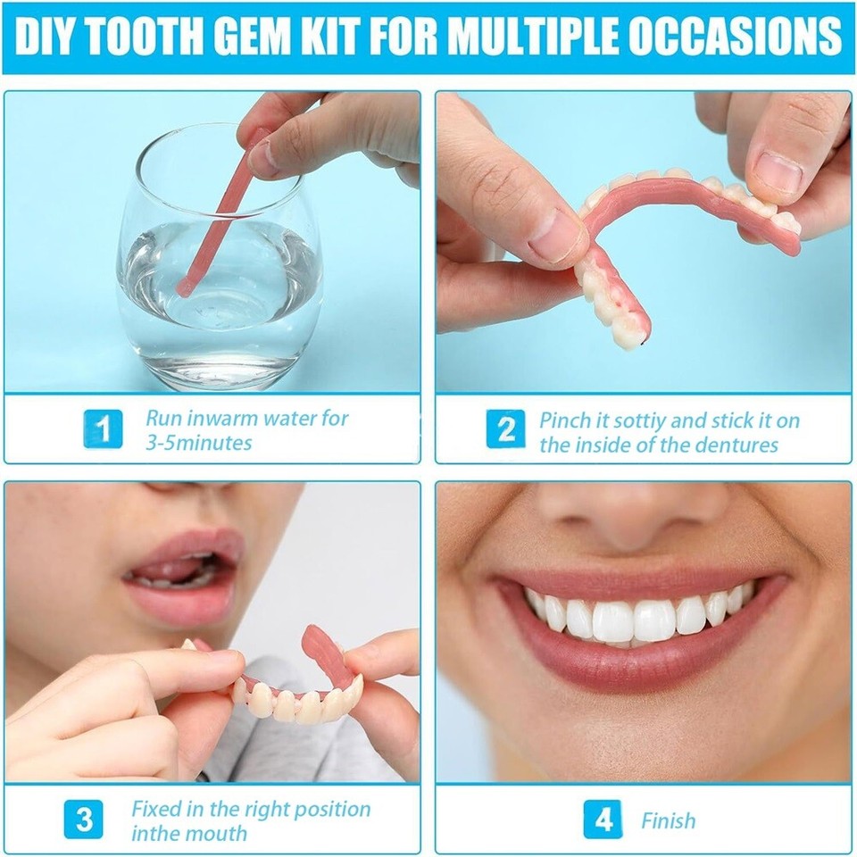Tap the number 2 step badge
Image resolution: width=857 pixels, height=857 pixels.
click(x=505, y=431)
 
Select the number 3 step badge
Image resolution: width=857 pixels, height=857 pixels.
click(x=84, y=820)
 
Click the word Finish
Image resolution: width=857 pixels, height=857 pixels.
click(x=668, y=820)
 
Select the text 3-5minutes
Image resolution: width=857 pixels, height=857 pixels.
click(x=199, y=443)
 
